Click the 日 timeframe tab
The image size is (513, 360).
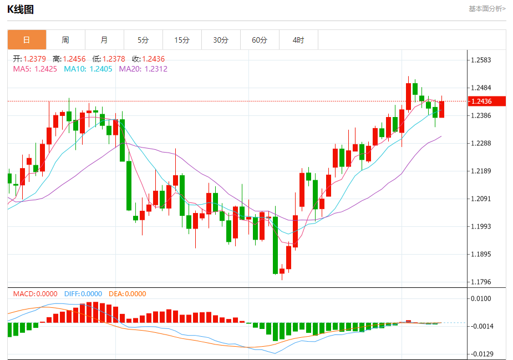[27, 40]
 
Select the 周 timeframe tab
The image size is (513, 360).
[65, 40]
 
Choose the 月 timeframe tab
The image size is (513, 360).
[104, 40]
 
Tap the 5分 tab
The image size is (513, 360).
[143, 40]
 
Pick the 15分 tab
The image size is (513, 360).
[182, 40]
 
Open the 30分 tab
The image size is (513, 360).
[221, 40]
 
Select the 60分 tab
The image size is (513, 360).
[260, 40]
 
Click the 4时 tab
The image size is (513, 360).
[298, 40]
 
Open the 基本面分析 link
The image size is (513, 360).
[486, 8]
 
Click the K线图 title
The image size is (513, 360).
[21, 9]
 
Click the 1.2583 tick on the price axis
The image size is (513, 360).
[481, 60]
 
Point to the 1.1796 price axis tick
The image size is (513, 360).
[481, 282]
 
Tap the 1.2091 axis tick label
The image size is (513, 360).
[481, 199]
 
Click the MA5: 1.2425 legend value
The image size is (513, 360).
[35, 69]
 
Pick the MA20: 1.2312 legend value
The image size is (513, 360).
[143, 69]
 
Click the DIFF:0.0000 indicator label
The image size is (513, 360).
[83, 294]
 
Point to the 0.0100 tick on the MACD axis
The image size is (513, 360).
[481, 298]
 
